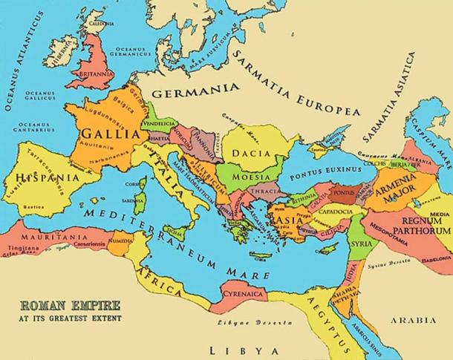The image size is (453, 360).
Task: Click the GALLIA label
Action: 109,134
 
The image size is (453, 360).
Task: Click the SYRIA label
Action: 362,243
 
